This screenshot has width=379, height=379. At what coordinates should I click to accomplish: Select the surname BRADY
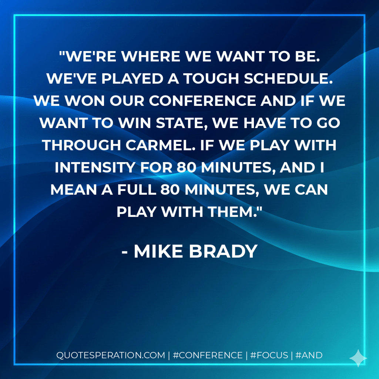tap(223, 252)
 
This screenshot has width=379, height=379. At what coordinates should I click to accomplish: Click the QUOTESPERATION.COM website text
tap(111, 355)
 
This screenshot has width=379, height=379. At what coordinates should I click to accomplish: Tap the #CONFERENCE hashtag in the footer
tap(207, 355)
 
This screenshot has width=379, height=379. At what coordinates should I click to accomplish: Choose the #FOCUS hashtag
tap(269, 355)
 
